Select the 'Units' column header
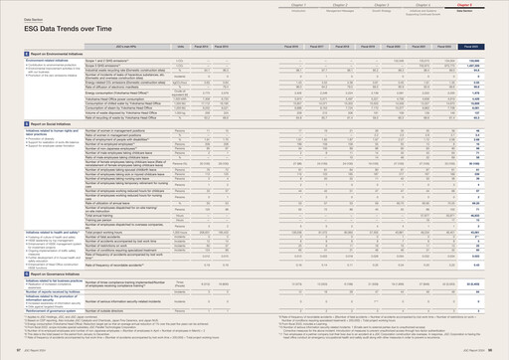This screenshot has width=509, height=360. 181,46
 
